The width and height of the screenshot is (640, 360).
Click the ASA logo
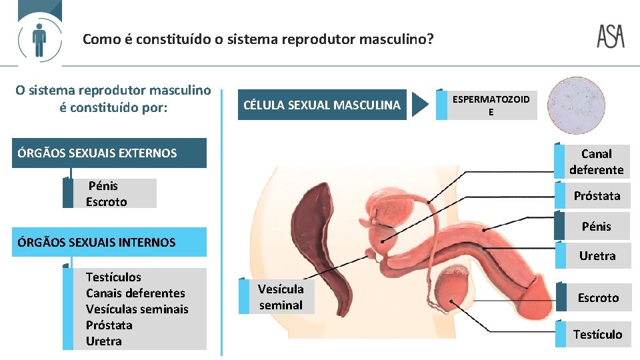point(610,37)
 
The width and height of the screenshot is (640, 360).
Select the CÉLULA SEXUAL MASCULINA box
point(323,105)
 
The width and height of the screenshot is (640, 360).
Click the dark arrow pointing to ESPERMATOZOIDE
point(420,105)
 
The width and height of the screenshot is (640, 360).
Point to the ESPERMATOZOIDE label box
point(491,105)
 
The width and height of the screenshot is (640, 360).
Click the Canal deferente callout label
point(596,162)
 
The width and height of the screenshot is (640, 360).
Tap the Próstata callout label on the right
point(597,196)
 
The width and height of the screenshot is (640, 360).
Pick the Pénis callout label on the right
point(596,227)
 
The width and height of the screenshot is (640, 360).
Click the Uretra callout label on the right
point(597,256)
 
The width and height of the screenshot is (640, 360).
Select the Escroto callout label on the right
point(597,298)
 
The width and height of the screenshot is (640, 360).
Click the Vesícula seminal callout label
point(281,297)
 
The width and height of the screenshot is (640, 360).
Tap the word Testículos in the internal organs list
point(113,277)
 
